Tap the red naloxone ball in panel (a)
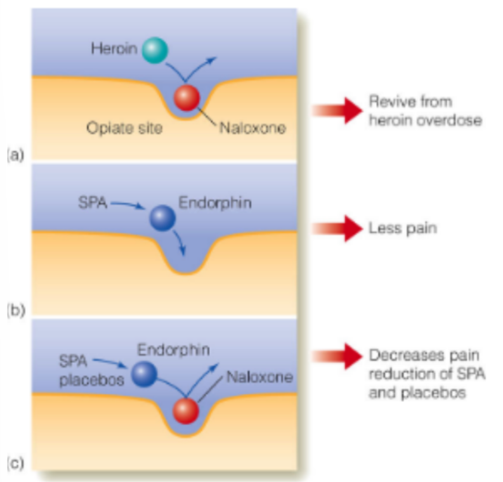pyautogui.click(x=187, y=98)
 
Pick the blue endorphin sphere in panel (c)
pyautogui.click(x=144, y=373)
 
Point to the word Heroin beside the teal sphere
pyautogui.click(x=114, y=48)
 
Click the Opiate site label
pyautogui.click(x=124, y=128)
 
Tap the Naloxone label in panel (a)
pyautogui.click(x=252, y=128)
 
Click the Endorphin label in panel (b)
pyautogui.click(x=215, y=204)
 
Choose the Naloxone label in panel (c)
pyautogui.click(x=259, y=377)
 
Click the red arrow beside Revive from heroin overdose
pyautogui.click(x=336, y=110)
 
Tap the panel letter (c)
pyautogui.click(x=15, y=464)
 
